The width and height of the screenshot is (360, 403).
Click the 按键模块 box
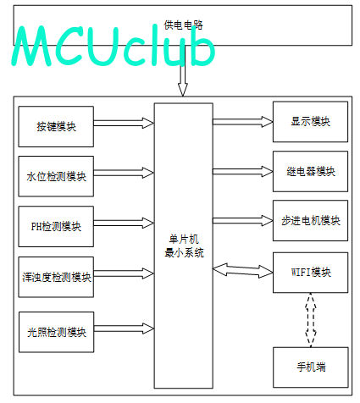pyautogui.click(x=56, y=126)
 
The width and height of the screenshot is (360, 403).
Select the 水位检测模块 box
pyautogui.click(x=56, y=176)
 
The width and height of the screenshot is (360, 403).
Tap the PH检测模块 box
pyautogui.click(x=56, y=226)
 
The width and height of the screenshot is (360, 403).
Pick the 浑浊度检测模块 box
pyautogui.click(x=56, y=277)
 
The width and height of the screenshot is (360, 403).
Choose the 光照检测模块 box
pyautogui.click(x=56, y=332)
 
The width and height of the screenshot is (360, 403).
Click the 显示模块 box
pyautogui.click(x=310, y=122)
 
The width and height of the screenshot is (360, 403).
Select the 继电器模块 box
pyautogui.click(x=310, y=171)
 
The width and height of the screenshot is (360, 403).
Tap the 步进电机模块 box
pyautogui.click(x=310, y=220)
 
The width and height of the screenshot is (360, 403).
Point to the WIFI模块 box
pyautogui.click(x=310, y=273)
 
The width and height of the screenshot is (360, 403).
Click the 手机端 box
pyautogui.click(x=311, y=367)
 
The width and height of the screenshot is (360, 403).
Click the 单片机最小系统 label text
pyautogui.click(x=184, y=246)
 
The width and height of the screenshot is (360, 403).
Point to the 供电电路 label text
pyautogui.click(x=183, y=25)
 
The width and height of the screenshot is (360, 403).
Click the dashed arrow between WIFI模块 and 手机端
pyautogui.click(x=311, y=320)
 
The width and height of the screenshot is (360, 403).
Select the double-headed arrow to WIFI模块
pyautogui.click(x=242, y=271)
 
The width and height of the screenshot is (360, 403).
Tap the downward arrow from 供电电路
pyautogui.click(x=183, y=70)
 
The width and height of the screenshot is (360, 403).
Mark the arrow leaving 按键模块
pyautogui.click(x=124, y=123)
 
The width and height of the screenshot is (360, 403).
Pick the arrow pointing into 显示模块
pyautogui.click(x=243, y=122)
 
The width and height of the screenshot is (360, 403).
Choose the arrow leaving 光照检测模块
pyautogui.click(x=124, y=328)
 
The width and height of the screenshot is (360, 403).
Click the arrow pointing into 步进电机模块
pyautogui.click(x=243, y=220)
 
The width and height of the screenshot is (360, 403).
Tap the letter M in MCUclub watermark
pyautogui.click(x=31, y=46)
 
